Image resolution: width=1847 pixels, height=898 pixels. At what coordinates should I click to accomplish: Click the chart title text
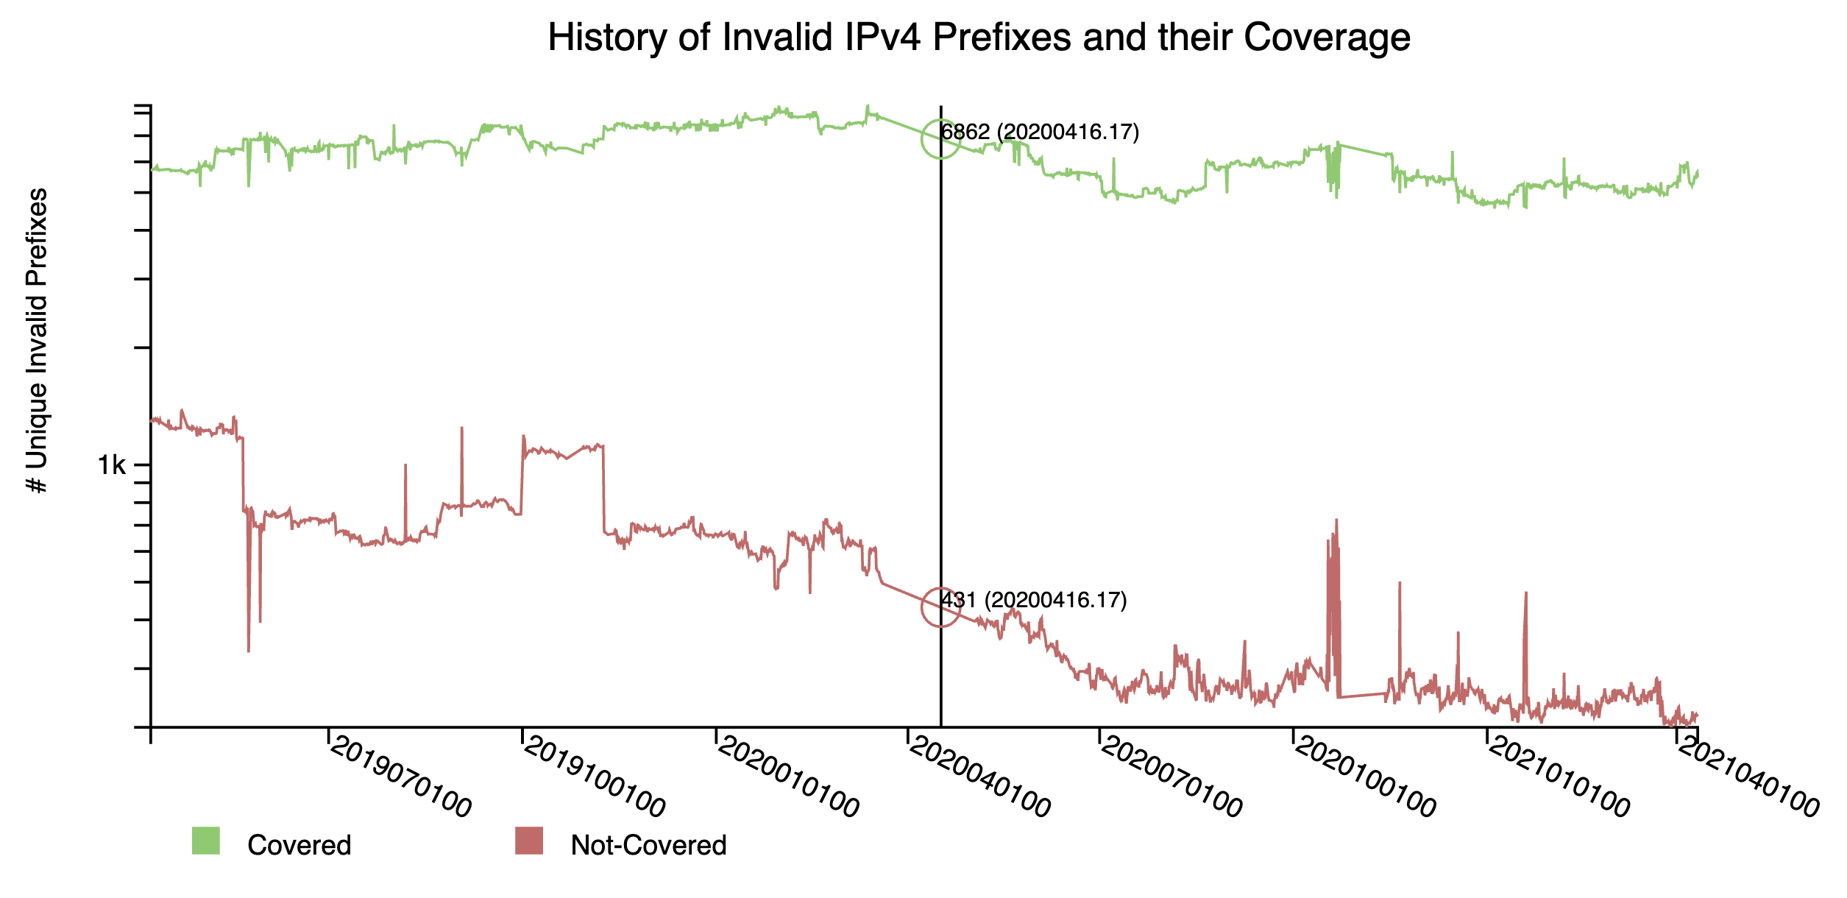979,38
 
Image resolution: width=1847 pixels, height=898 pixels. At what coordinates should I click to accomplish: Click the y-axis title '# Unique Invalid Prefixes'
37,340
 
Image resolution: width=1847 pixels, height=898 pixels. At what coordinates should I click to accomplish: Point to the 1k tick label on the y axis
112,465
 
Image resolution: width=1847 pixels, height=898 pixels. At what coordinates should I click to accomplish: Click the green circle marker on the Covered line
940,138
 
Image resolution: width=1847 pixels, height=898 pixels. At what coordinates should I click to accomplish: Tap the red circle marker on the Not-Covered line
940,607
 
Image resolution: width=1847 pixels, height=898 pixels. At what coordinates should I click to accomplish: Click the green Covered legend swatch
206,841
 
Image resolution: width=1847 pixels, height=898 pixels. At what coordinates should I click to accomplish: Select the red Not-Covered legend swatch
529,841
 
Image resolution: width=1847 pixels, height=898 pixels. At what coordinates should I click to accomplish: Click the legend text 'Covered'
299,845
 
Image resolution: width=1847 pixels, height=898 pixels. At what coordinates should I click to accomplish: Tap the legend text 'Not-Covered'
648,845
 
